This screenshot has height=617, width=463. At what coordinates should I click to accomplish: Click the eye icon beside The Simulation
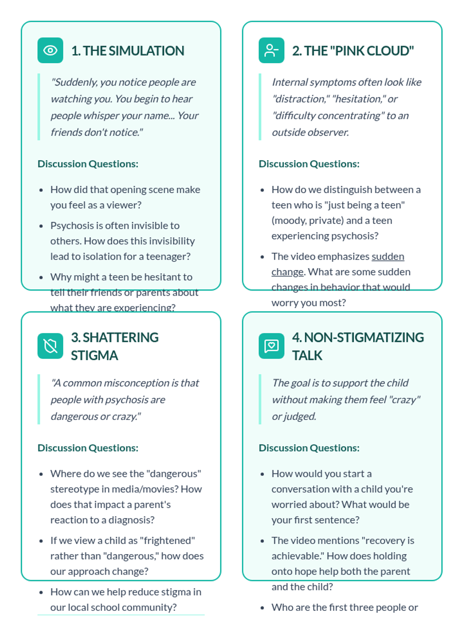coord(50,50)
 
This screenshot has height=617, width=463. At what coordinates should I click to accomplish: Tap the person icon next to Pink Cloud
coord(271,50)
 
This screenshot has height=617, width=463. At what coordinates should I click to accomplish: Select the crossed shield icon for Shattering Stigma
coord(50,346)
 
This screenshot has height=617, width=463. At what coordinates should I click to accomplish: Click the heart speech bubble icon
coord(271,346)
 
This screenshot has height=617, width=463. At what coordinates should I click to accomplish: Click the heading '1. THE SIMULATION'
coord(128,51)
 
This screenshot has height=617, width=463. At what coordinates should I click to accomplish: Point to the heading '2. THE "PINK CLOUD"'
coord(353,51)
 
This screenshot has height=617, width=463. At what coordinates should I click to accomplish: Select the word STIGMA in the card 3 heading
coord(94,355)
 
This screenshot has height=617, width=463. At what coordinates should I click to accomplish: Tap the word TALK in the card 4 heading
coord(307,355)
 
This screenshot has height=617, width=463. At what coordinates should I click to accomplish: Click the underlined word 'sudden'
coord(388,256)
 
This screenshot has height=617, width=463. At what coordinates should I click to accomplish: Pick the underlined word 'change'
coord(287,272)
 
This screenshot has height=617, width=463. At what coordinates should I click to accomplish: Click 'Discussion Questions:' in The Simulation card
coord(88,164)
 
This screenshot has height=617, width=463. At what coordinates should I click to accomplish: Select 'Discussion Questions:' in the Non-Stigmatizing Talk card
coord(309,448)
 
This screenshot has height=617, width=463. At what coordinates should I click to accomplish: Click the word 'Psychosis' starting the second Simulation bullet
coord(71,226)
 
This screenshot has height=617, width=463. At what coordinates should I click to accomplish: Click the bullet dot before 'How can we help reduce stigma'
coord(41,592)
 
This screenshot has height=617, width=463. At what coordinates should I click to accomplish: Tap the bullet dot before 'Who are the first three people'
coord(262,608)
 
